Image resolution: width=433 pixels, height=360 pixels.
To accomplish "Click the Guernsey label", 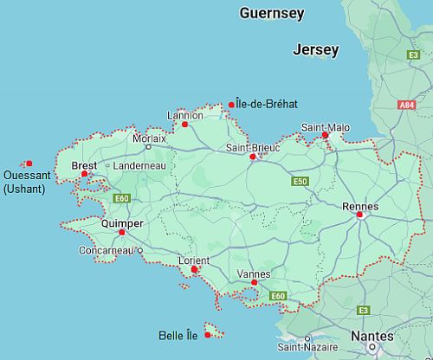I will [x=272, y=13].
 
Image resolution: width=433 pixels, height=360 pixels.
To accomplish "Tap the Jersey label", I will [x=315, y=50].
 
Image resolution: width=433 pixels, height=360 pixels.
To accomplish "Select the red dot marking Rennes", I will [x=360, y=215].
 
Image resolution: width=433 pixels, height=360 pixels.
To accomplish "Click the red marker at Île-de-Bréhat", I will [x=231, y=106].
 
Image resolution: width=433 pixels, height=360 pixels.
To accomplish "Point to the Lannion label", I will [x=185, y=115].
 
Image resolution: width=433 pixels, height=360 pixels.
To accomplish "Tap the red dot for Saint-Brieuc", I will [x=252, y=157].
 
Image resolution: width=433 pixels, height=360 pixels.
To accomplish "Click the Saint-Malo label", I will [x=326, y=127].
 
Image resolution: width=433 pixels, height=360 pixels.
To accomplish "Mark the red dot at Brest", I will [x=85, y=174].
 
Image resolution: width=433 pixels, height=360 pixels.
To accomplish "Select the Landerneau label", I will [x=139, y=165].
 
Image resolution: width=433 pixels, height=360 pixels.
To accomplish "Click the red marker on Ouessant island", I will [x=29, y=164].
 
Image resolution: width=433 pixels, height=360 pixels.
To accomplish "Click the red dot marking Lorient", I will [x=194, y=269].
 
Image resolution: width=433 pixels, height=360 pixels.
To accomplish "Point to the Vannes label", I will [x=253, y=273].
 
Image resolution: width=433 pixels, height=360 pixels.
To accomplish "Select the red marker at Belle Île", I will [x=208, y=335].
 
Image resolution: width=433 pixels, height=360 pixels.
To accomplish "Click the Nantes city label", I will [x=372, y=336].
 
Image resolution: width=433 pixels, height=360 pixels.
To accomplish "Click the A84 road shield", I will [x=407, y=105].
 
